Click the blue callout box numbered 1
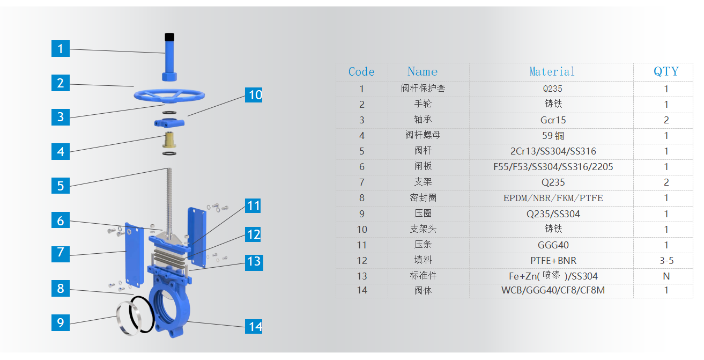pos(60,49)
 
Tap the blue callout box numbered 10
pos(254,95)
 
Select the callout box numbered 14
pos(254,326)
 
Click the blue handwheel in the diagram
pos(169,96)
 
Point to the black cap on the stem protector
pos(169,37)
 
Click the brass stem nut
pos(169,141)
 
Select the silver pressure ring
pos(128,318)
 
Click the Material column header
pos(552,72)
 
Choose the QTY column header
pos(666,72)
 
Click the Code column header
pos(361,72)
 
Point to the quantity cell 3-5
pos(666,261)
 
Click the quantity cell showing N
pos(666,276)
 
